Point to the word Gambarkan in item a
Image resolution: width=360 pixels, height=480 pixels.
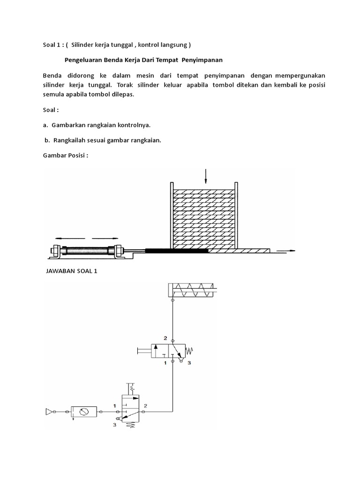pyautogui.click(x=68, y=126)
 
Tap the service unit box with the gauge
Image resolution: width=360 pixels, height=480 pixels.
pyautogui.click(x=84, y=412)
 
